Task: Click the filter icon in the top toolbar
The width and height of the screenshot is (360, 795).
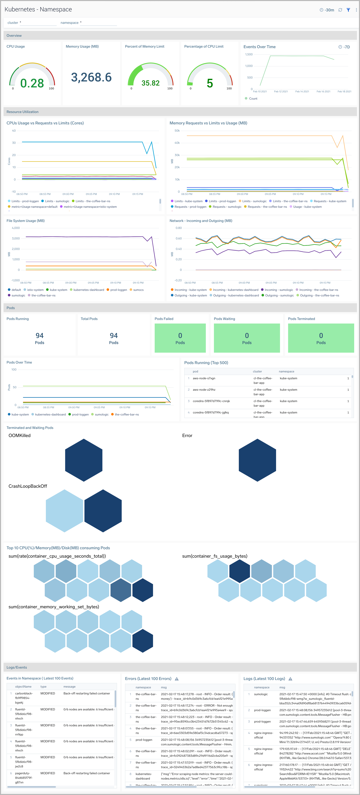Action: coord(348,10)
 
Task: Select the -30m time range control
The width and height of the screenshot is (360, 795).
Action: coord(327,10)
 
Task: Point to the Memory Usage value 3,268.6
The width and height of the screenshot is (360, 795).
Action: coord(91,77)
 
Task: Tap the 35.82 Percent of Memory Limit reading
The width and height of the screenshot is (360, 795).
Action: coord(151,83)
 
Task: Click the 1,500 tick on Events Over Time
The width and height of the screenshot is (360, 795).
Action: coord(249,54)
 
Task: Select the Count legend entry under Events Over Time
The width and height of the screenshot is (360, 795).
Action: coord(253,98)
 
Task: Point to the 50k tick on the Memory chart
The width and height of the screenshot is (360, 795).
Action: coord(177,131)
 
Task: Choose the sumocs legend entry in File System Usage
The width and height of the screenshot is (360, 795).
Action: coord(138,290)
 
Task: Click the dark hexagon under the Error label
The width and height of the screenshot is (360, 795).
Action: coord(257,460)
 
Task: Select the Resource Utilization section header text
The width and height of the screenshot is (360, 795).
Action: coord(23,112)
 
